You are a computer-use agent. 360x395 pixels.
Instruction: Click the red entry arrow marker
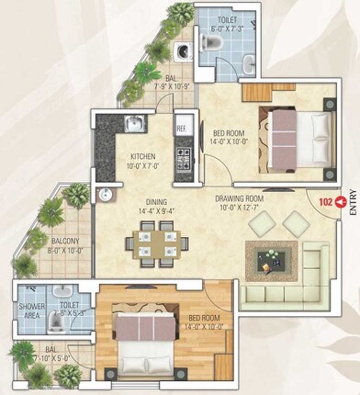[x=343, y=199]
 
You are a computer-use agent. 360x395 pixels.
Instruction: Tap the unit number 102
[x=325, y=199]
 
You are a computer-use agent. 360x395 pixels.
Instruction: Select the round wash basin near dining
[x=105, y=194]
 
